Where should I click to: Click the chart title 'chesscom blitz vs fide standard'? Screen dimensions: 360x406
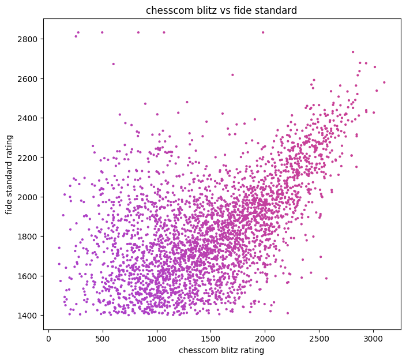tap(222, 10)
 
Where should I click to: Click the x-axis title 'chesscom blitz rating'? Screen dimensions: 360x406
tap(222, 350)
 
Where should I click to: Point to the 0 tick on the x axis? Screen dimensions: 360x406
tap(48, 338)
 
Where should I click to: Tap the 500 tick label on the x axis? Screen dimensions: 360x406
tap(103, 338)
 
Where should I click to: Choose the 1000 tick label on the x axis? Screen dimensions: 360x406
tap(157, 338)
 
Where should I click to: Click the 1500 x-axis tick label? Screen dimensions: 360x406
tap(211, 338)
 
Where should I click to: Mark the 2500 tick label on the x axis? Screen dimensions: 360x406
tap(319, 338)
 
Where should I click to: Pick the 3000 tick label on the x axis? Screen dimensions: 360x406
tap(373, 338)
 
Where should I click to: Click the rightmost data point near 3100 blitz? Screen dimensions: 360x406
tap(384, 82)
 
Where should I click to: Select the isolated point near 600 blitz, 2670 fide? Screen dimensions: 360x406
tap(113, 64)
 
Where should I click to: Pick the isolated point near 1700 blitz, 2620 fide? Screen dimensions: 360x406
tap(232, 74)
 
